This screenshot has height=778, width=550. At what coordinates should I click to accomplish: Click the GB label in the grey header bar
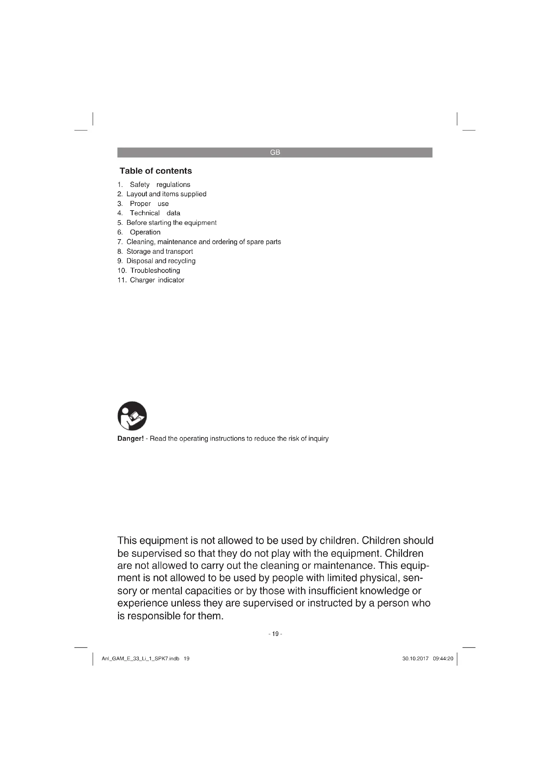coord(275,152)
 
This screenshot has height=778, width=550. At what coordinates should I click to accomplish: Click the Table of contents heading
coord(155,171)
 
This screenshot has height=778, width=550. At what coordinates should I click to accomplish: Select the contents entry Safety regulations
coord(160,185)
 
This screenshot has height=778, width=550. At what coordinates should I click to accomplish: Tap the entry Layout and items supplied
coord(166,194)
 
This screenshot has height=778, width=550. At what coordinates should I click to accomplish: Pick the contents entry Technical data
coord(155,213)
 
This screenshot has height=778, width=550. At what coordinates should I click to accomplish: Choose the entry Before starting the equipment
coord(171,223)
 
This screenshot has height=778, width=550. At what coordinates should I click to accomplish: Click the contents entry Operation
coord(145,232)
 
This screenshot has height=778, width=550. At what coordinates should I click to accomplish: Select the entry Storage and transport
coord(160,251)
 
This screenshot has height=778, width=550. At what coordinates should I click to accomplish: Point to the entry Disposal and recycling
coord(161,261)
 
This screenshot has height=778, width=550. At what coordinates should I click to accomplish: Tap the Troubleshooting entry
coord(155,270)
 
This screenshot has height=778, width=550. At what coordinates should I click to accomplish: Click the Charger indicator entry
coord(157,280)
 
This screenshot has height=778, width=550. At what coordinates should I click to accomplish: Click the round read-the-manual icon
coord(132,416)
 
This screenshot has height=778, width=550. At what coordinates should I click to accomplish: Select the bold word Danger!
coord(130,439)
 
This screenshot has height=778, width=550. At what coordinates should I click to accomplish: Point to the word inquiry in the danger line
coord(318,439)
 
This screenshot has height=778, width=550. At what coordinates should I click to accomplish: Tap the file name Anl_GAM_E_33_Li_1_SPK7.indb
coord(140,659)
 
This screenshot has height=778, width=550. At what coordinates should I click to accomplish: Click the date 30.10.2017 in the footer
coord(415,659)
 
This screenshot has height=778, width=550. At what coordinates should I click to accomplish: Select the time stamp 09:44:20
coord(443,659)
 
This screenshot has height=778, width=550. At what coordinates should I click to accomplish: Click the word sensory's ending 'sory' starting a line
coord(127,591)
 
